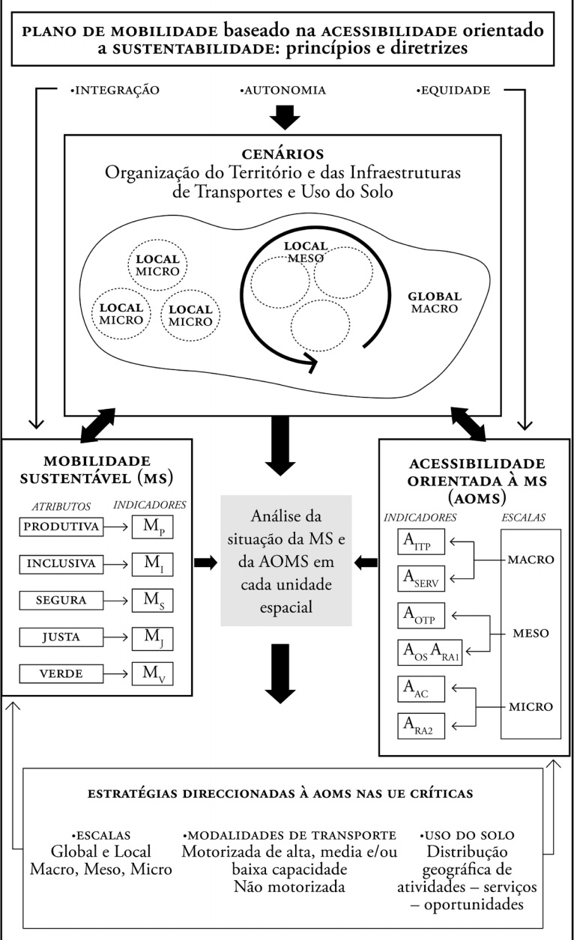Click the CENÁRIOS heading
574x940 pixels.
(283, 154)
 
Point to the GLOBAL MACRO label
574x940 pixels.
(435, 302)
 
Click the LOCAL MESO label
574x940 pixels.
(306, 252)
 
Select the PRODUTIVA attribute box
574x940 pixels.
(61, 527)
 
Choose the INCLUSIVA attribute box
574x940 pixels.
(61, 564)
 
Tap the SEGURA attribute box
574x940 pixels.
(61, 601)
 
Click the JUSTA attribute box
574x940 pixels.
(61, 638)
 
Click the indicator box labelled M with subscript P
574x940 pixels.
(152, 527)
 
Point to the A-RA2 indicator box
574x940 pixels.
(420, 724)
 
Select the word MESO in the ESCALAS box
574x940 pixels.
(531, 633)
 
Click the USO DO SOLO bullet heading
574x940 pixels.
(469, 835)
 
